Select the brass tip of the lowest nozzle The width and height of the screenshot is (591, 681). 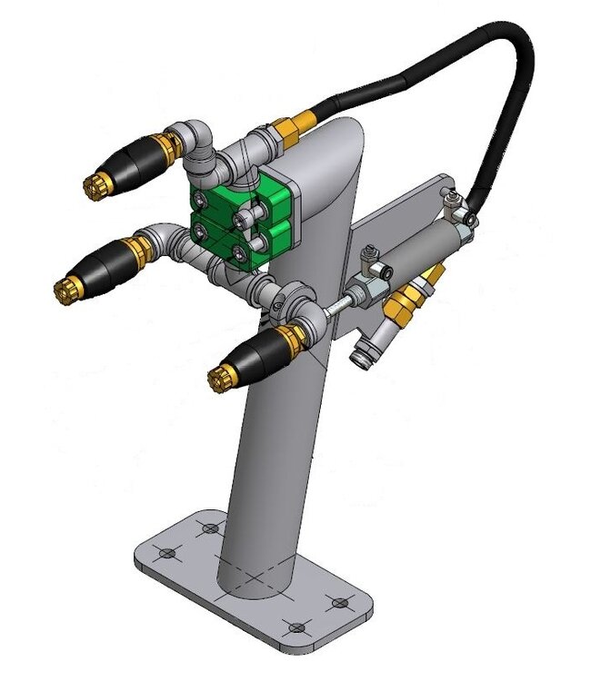point(218,377)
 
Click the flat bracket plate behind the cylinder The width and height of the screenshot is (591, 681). point(400,218)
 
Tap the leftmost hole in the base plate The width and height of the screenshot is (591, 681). point(165,552)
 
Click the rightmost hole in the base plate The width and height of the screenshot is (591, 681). point(340,602)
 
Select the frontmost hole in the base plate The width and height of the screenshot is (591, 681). point(295,627)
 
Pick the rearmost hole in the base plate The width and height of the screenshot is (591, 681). point(211,528)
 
